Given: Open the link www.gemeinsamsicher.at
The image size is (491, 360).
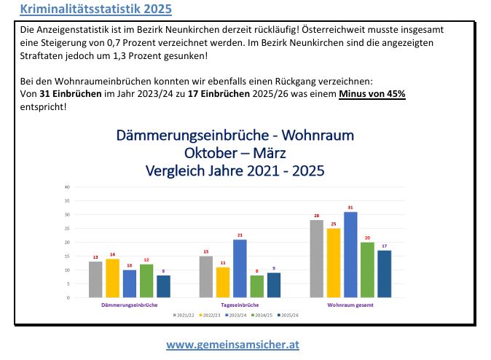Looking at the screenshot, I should [x=232, y=344].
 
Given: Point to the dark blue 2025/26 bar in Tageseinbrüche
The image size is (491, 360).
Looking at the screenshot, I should [x=274, y=285].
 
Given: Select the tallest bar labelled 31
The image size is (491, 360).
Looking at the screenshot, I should [x=350, y=254].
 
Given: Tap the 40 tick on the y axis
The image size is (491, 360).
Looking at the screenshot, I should [x=67, y=187].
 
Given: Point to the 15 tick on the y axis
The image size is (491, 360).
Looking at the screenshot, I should [x=67, y=257].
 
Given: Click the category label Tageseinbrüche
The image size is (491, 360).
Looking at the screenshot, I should [x=239, y=304].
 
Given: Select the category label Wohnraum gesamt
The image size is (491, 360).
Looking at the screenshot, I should [x=350, y=304].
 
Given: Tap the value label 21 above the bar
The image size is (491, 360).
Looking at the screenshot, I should [x=240, y=235].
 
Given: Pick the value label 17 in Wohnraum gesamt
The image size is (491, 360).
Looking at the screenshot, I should [x=384, y=246].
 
